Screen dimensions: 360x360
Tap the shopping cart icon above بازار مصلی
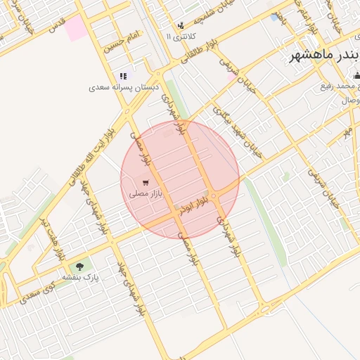(x=146, y=182)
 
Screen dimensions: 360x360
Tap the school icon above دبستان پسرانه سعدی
(x=123, y=76)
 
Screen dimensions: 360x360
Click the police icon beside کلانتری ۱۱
(x=181, y=25)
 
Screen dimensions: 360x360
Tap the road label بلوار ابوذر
(x=195, y=205)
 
